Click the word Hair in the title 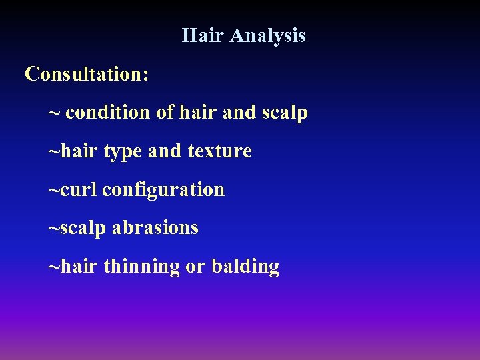pyautogui.click(x=203, y=35)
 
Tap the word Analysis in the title pyautogui.click(x=268, y=35)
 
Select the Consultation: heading pyautogui.click(x=87, y=74)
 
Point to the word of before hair pyautogui.click(x=165, y=113)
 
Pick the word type pyautogui.click(x=123, y=152)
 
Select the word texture pyautogui.click(x=219, y=151)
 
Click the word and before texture pyautogui.click(x=165, y=151)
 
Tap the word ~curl pyautogui.click(x=73, y=190)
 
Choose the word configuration pyautogui.click(x=164, y=190)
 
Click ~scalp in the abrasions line pyautogui.click(x=77, y=228)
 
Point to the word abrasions pyautogui.click(x=155, y=228)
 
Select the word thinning pyautogui.click(x=142, y=267)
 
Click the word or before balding pyautogui.click(x=195, y=267)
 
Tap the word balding pyautogui.click(x=245, y=267)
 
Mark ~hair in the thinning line pyautogui.click(x=73, y=267)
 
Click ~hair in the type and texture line pyautogui.click(x=73, y=151)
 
